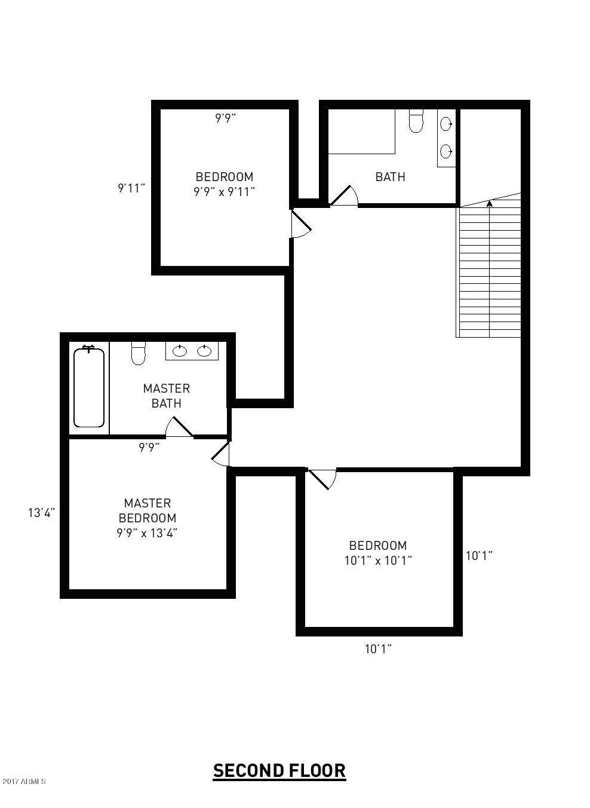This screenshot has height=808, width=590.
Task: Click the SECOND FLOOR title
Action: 279,771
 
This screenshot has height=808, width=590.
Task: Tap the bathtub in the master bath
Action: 89,387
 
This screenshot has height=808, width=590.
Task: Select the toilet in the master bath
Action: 138,353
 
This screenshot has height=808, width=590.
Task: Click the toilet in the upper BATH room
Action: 416,121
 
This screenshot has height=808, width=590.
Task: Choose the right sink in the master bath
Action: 205,351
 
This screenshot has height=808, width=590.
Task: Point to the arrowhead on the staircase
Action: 490,203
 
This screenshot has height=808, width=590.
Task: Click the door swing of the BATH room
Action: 344,195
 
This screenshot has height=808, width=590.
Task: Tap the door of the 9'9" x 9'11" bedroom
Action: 300,223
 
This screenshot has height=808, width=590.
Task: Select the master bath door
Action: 179,427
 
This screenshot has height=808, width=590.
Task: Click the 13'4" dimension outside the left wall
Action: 41,513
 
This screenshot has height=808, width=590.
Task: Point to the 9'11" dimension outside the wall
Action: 131,188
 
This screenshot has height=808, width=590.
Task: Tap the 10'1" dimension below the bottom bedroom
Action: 378,648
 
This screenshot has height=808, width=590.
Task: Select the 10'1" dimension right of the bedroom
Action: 479,556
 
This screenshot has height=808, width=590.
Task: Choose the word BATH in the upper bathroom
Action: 390,177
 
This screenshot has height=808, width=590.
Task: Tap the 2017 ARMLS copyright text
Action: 24,781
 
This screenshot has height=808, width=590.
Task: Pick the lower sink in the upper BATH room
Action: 446,151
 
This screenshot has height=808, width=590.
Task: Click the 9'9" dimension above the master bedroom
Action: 149,447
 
